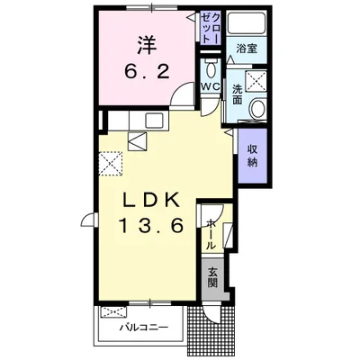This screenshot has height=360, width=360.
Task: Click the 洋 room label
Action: (147, 45)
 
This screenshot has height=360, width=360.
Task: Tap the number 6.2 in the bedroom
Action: (147, 72)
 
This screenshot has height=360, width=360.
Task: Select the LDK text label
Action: (152, 200)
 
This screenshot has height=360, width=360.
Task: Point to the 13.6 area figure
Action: (152, 225)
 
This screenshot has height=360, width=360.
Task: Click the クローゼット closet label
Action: (211, 28)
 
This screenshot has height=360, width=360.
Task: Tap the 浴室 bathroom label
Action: (247, 49)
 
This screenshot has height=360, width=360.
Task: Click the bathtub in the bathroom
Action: (247, 22)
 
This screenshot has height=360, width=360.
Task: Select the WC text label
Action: (211, 86)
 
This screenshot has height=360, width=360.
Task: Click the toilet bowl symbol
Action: (211, 70)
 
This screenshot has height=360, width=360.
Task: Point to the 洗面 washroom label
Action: (238, 94)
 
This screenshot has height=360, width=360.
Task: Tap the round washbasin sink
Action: (258, 109)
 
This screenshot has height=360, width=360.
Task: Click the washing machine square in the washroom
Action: (256, 81)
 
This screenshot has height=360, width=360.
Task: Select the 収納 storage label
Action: (253, 156)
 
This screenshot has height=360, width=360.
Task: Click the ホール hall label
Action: (211, 235)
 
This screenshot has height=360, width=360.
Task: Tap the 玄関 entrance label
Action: (212, 277)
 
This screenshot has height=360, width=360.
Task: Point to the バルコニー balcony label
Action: (144, 327)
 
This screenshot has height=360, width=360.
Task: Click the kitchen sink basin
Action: (154, 121)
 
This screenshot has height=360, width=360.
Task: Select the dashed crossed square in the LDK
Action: (111, 164)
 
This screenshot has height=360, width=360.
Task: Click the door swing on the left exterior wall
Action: (87, 220)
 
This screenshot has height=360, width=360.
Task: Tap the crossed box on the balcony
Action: (112, 312)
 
